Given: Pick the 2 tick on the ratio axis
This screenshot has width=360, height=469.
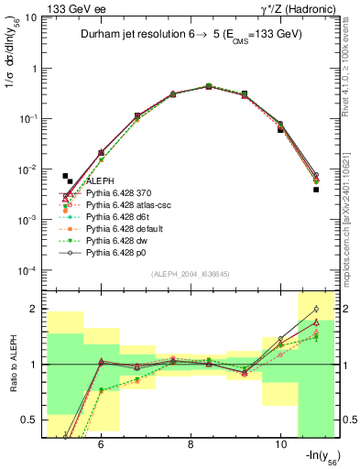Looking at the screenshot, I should (x=36, y=309).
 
